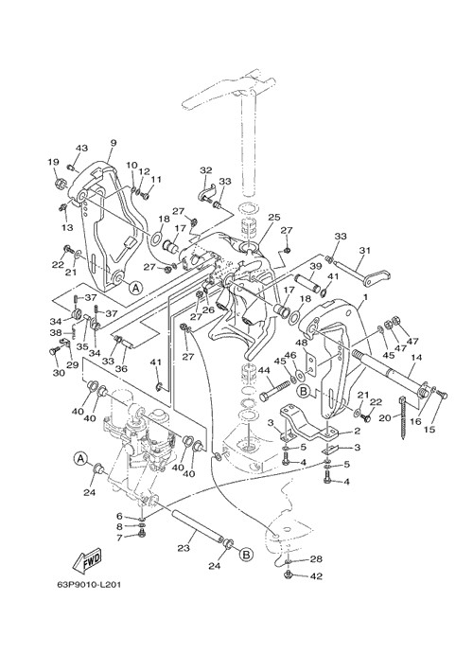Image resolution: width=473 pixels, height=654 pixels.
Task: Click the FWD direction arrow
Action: (87, 560)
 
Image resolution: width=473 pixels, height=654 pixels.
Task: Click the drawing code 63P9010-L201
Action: (89, 585)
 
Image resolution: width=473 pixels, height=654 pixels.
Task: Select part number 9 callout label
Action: (114, 143)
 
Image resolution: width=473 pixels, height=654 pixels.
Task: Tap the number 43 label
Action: (81, 148)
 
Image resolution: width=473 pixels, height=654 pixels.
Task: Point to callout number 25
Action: (274, 218)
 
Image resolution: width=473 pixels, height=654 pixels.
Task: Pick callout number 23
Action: (184, 549)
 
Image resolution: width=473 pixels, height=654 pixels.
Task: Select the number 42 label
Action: (316, 576)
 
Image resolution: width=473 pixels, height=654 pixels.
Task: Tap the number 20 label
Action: (385, 417)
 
